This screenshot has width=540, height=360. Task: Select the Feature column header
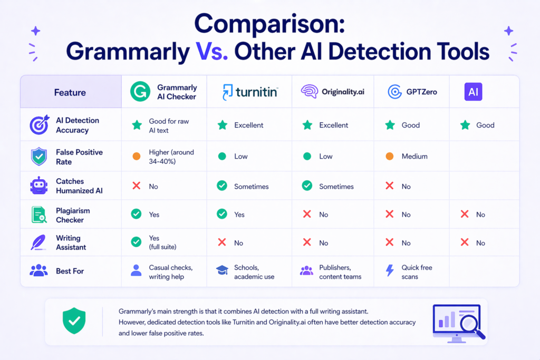(x=70, y=92)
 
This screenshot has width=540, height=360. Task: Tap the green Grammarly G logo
(x=140, y=92)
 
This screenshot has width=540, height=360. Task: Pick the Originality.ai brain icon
(x=308, y=92)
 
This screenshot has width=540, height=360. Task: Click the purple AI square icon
(x=472, y=92)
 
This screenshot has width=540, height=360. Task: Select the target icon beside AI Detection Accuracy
(x=39, y=125)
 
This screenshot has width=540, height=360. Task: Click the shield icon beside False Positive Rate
(x=39, y=157)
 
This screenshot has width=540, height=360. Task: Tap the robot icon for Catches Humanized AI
(x=39, y=186)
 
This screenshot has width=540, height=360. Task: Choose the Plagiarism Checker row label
(x=73, y=215)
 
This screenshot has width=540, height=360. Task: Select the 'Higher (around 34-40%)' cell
(x=171, y=157)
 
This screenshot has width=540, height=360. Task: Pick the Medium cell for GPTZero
(x=414, y=157)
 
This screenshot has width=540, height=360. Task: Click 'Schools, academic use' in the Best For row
(x=254, y=272)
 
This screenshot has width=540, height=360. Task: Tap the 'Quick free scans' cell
(x=416, y=272)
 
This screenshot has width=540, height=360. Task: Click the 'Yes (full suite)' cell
(x=161, y=242)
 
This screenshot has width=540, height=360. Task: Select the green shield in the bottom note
(x=74, y=321)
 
